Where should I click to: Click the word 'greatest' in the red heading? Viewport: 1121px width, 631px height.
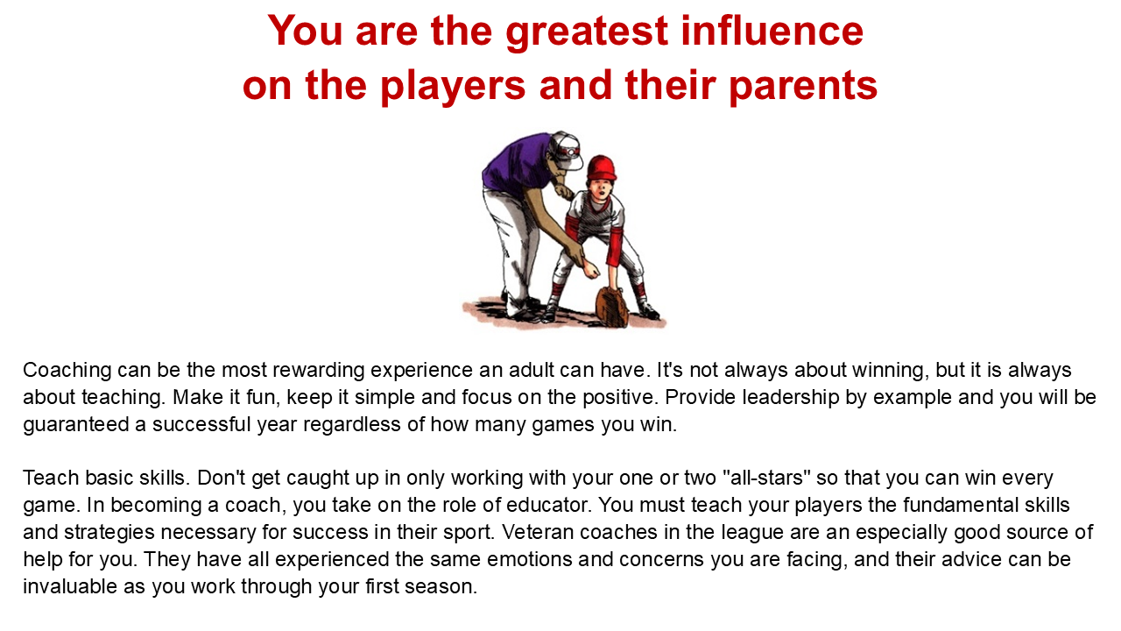pos(587,32)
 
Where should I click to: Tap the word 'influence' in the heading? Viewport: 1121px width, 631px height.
pos(772,30)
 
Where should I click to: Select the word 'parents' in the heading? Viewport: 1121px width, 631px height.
pos(803,87)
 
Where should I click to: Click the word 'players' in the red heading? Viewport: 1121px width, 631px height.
pos(453,86)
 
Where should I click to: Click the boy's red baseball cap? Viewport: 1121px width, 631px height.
pos(602,168)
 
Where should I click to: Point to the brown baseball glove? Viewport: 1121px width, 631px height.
pos(611,307)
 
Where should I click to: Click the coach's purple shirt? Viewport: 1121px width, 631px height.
pos(517,164)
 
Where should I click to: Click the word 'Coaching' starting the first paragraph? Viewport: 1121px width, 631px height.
pos(67,371)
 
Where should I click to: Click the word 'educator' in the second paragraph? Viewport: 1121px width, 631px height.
pos(548,505)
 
